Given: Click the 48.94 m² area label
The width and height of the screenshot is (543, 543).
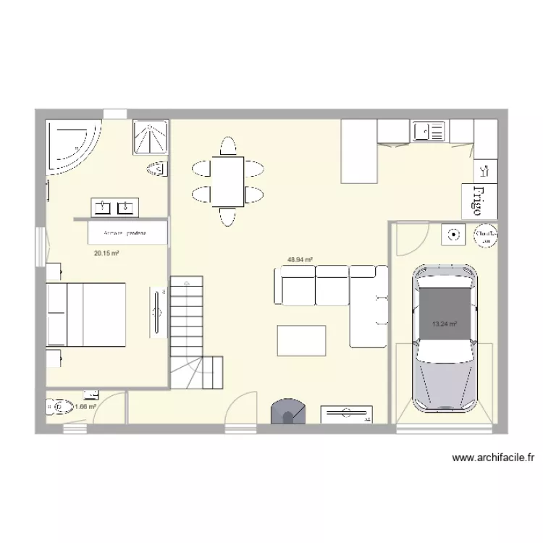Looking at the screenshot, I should tap(300, 259).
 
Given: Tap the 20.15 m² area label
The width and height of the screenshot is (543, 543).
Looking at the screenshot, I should tap(106, 253).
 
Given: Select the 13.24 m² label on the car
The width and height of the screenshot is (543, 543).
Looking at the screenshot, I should tap(445, 324).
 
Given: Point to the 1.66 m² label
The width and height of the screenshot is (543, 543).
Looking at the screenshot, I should tap(85, 407).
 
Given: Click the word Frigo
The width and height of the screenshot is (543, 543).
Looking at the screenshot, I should tap(479, 201).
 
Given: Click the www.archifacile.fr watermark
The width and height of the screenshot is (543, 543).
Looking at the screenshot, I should tap(493, 458).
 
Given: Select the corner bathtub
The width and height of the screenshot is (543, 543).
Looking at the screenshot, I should tap(71, 146).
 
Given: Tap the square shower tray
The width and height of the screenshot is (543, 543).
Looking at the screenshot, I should tap(151, 138).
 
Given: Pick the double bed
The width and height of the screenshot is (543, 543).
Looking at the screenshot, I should tap(86, 316).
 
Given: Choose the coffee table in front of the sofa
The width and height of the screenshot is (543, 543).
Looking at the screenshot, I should tap(301, 340).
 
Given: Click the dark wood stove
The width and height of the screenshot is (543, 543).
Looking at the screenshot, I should tap(287, 411).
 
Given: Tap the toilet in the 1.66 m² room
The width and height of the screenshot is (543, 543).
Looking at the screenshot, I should tap(58, 408).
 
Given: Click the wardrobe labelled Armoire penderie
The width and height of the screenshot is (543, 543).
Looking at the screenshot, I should tap(127, 234).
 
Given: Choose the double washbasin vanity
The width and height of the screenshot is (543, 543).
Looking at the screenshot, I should tap(115, 207).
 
